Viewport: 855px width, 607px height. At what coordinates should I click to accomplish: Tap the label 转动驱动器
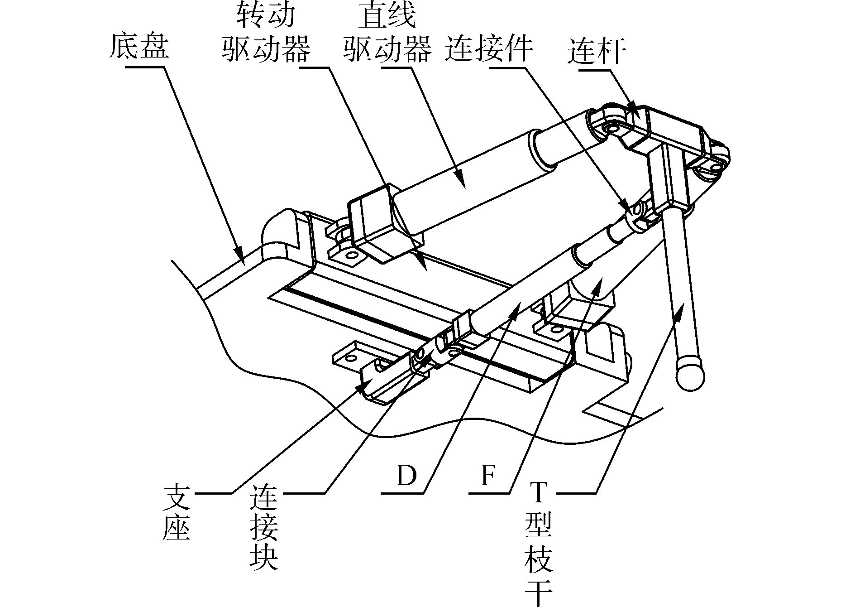point(266,34)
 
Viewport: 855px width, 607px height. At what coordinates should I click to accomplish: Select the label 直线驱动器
point(387,34)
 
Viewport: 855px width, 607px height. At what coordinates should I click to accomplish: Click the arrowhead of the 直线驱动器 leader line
point(462,181)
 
